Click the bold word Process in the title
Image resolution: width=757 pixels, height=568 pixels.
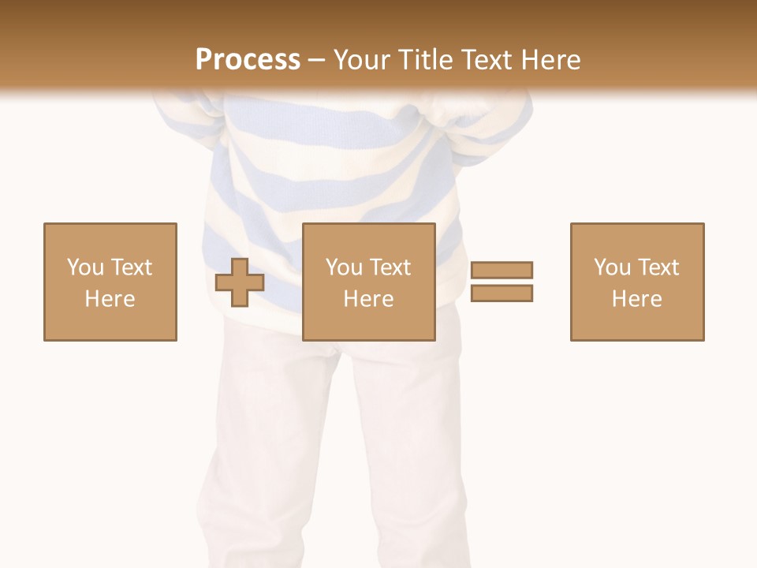[x=248, y=60]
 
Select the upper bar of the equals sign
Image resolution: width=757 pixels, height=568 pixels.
[x=502, y=270]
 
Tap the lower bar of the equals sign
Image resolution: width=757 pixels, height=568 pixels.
[x=502, y=293]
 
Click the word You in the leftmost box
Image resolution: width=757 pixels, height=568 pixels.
[x=84, y=267]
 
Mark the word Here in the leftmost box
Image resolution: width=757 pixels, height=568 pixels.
[x=110, y=299]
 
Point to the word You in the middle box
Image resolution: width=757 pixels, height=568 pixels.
[x=344, y=267]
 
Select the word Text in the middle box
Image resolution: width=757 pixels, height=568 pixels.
[x=390, y=267]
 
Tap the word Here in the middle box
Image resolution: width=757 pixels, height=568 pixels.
[x=369, y=299]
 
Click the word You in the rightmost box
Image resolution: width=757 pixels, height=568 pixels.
[x=612, y=267]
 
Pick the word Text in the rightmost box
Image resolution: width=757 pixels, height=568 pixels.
[x=658, y=267]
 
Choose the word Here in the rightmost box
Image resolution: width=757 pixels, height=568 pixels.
[x=637, y=299]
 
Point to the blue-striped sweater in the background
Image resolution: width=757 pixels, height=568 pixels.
[x=331, y=174]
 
